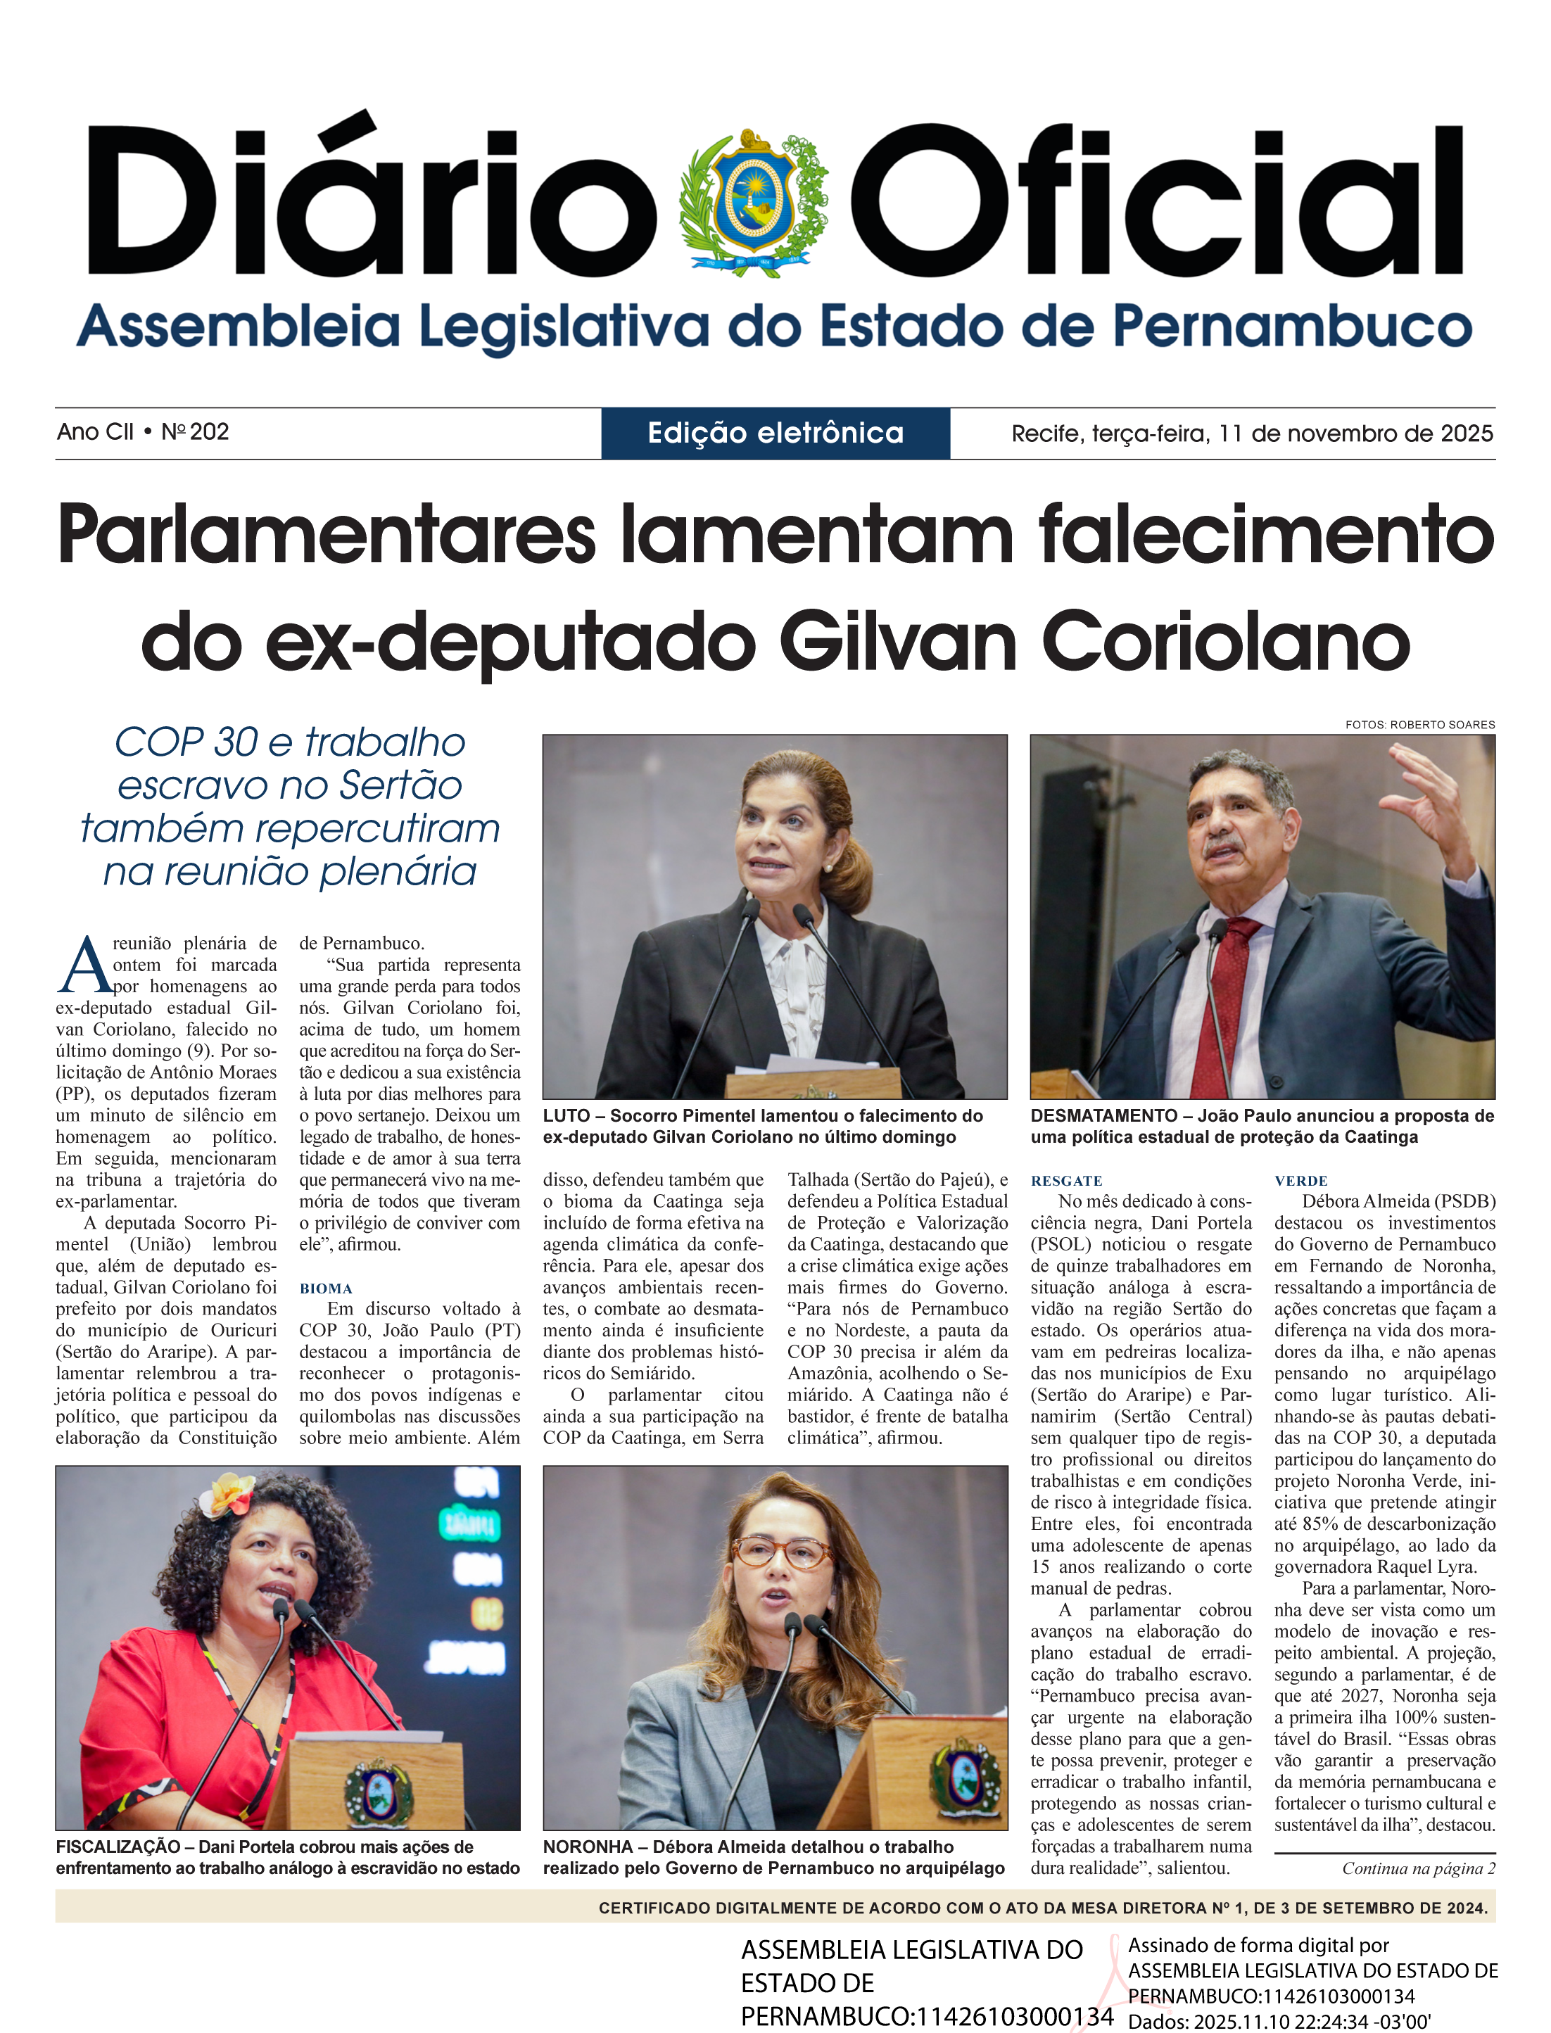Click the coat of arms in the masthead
click(754, 202)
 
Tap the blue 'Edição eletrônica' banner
click(775, 433)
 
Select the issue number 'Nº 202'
click(195, 431)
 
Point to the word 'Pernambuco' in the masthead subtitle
click(1291, 327)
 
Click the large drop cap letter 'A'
click(85, 968)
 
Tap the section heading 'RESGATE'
click(1066, 1181)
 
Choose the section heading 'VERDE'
click(1300, 1181)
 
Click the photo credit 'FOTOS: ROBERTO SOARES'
click(1420, 725)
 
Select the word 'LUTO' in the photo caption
click(566, 1116)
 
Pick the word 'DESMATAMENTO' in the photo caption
click(1104, 1116)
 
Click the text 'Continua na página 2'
click(1418, 1868)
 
